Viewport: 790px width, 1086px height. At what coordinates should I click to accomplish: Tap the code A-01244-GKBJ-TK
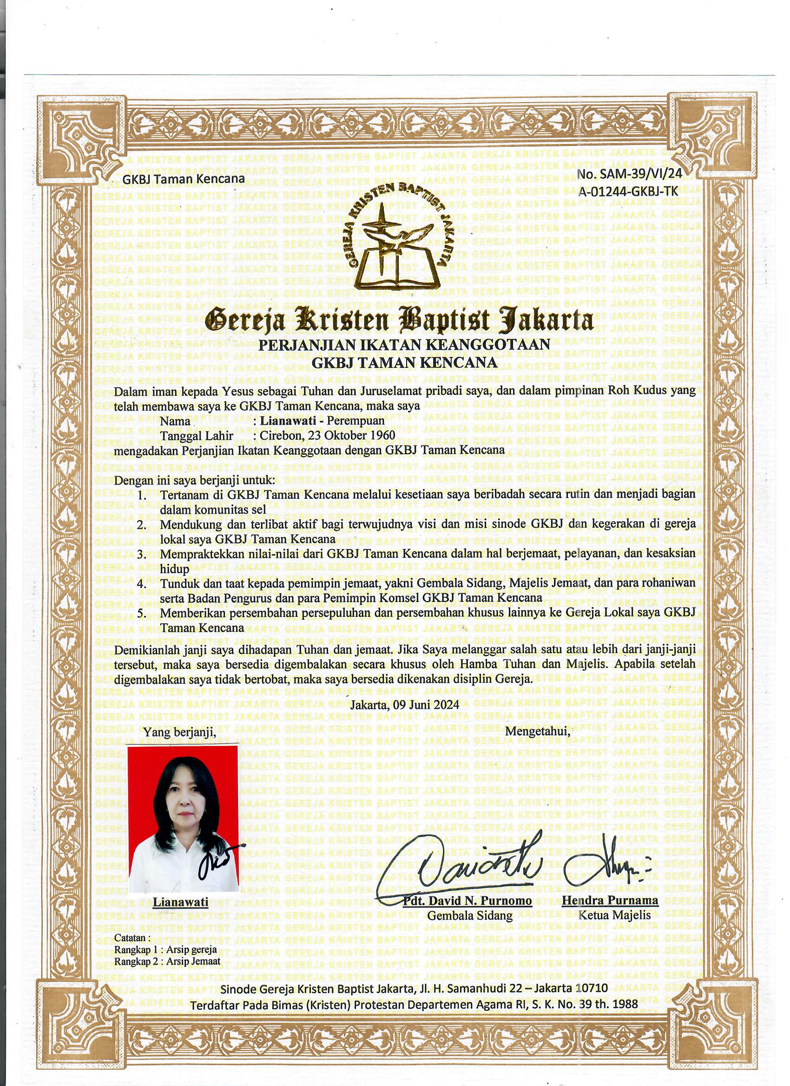pos(628,191)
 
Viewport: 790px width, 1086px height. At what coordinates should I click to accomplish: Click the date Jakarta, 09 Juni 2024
pos(404,704)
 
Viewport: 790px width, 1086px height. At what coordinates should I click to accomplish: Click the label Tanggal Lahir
pos(197,435)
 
